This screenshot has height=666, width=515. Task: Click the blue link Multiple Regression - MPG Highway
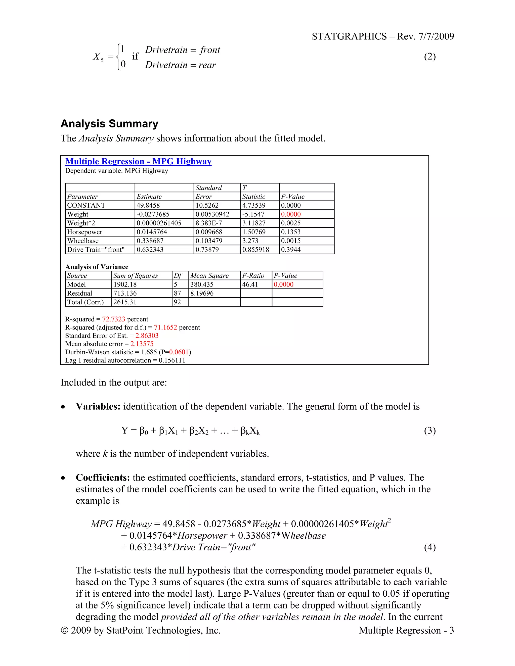138,161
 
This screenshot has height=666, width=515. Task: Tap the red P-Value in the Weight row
290,214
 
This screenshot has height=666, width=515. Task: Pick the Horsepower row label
84,232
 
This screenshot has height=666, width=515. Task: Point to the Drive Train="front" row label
96,250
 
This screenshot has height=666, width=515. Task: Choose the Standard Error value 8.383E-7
209,223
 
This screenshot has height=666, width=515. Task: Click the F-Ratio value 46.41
250,284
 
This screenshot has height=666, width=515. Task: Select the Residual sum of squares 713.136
125,293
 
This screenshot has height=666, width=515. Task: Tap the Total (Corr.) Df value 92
177,302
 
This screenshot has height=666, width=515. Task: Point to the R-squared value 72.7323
113,319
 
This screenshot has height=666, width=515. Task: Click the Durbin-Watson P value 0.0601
179,352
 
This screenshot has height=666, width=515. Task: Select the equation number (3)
430,430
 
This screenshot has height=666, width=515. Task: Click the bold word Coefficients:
103,477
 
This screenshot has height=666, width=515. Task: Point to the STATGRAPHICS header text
349,36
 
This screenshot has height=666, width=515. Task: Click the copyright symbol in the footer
64,630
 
